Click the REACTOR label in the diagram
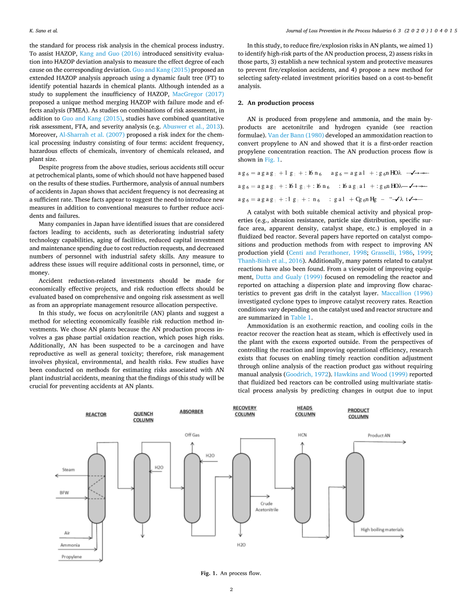click(96, 414)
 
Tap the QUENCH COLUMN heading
click(144, 417)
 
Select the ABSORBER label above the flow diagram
click(191, 411)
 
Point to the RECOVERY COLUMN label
click(244, 411)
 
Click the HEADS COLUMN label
click(305, 411)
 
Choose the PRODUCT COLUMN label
click(358, 413)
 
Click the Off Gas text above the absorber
click(191, 435)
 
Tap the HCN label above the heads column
click(303, 435)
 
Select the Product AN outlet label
click(379, 435)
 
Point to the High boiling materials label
click(382, 529)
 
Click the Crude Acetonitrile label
click(267, 506)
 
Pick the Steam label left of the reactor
click(68, 469)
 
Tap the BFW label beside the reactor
click(64, 493)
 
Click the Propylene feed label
click(71, 556)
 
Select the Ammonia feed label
click(70, 545)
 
